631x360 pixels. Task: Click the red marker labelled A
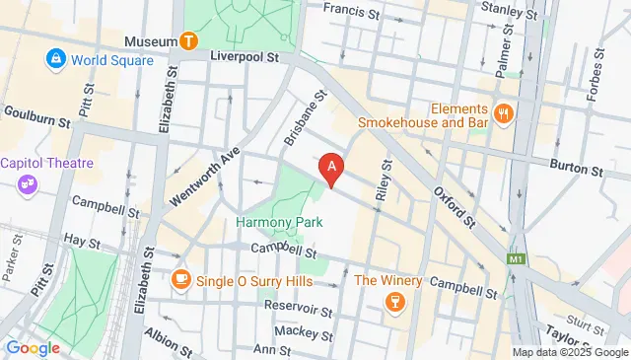click(x=333, y=170)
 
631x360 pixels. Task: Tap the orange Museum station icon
click(x=188, y=41)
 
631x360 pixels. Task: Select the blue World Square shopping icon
click(x=54, y=60)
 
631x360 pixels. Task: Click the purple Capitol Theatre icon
click(x=26, y=183)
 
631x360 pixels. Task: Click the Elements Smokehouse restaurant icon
click(x=504, y=114)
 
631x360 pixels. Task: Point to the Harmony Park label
click(x=273, y=222)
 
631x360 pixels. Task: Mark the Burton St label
click(x=576, y=170)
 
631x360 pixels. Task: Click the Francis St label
click(x=353, y=14)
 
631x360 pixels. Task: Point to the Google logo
click(x=34, y=347)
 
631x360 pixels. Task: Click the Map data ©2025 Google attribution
click(x=569, y=352)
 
